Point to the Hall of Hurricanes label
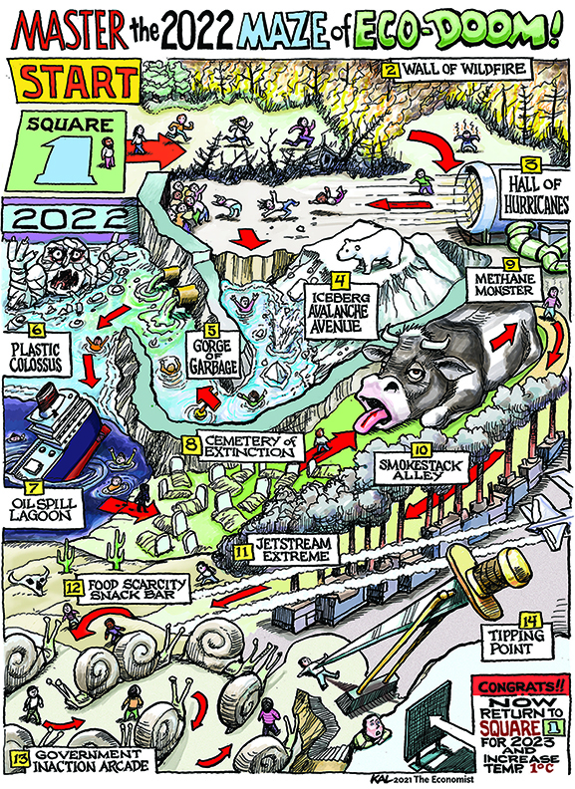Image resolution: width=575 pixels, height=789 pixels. click(536, 192)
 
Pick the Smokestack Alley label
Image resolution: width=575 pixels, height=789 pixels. click(420, 467)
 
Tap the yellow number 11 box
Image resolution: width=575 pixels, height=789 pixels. click(243, 551)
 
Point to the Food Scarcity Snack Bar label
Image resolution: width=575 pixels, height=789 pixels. click(130, 590)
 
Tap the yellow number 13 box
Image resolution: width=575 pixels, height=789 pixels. click(21, 758)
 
